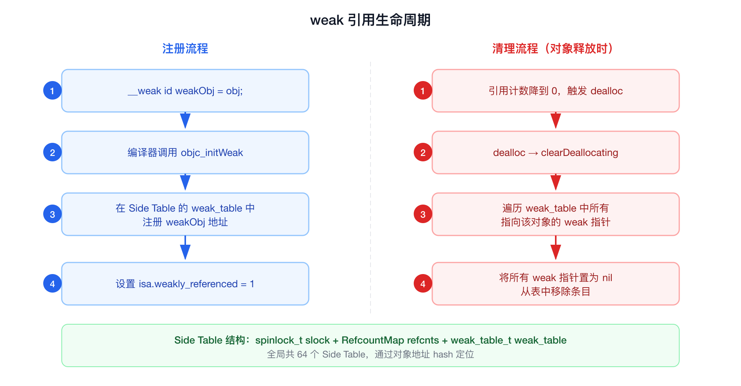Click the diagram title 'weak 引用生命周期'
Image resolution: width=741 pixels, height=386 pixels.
370,20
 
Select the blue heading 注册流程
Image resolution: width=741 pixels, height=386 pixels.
185,49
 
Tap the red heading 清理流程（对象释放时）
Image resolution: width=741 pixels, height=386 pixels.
553,49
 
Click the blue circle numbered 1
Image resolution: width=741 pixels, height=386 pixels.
52,91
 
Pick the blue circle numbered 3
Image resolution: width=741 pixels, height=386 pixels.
52,214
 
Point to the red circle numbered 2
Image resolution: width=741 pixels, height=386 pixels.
423,152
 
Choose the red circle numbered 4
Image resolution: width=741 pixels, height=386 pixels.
423,284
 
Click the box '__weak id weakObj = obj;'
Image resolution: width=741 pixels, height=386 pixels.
185,91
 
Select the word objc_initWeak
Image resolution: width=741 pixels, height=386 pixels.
212,153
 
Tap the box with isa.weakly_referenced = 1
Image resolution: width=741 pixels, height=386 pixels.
185,284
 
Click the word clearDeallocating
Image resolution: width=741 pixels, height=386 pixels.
579,153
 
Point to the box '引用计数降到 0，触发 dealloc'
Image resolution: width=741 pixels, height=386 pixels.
555,91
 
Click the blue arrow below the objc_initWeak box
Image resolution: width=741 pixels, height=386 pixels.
185,183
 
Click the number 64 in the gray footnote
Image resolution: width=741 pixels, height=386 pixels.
302,354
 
